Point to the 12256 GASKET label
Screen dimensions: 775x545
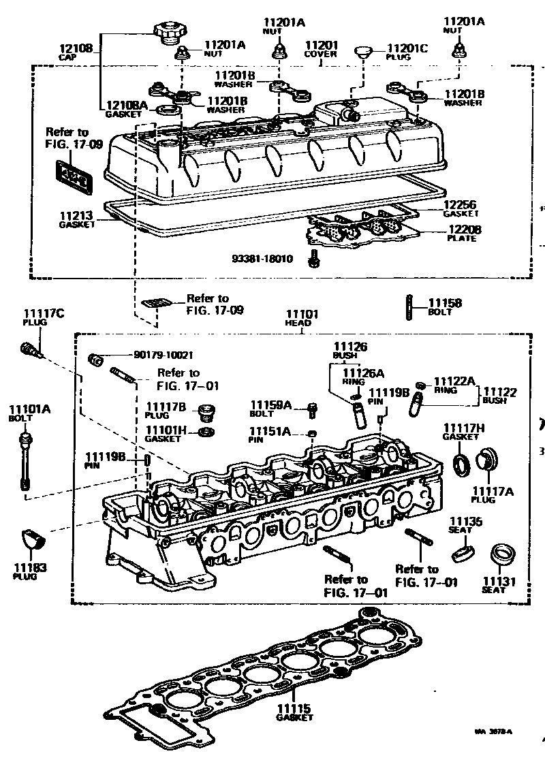tap(461, 208)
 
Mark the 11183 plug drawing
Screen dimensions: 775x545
tap(31, 537)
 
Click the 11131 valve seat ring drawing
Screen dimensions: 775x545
tap(503, 554)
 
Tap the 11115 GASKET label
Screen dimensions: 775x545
tap(294, 712)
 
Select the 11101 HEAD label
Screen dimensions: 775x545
tap(299, 318)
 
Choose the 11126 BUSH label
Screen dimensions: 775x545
tap(349, 351)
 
